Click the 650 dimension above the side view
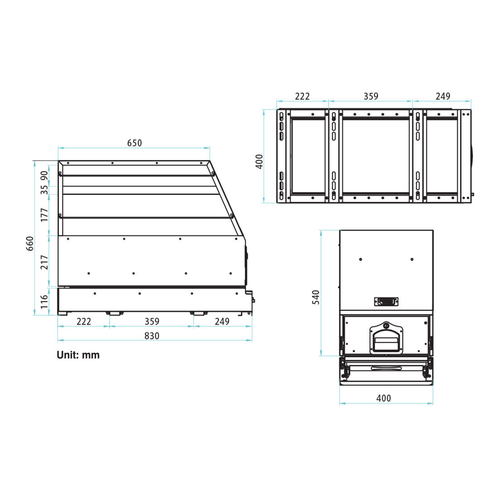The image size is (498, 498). (134, 143)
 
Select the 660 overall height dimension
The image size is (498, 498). (30, 244)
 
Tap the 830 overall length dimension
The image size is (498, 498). (152, 336)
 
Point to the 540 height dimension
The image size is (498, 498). (316, 297)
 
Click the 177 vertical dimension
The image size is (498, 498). (44, 215)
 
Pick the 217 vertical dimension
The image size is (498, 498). (44, 262)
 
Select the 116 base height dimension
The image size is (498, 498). (44, 302)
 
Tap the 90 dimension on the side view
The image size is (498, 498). (44, 176)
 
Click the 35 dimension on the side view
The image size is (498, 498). (44, 190)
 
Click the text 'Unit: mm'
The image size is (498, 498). (78, 355)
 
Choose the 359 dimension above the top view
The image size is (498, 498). (371, 96)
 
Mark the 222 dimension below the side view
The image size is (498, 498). (84, 321)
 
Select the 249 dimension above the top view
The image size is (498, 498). (443, 96)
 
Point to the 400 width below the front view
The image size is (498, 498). (383, 398)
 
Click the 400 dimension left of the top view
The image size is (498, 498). (259, 162)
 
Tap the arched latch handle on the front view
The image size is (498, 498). (386, 338)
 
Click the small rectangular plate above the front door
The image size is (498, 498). (386, 301)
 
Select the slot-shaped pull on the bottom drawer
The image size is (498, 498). (386, 368)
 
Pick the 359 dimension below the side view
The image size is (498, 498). (152, 321)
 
